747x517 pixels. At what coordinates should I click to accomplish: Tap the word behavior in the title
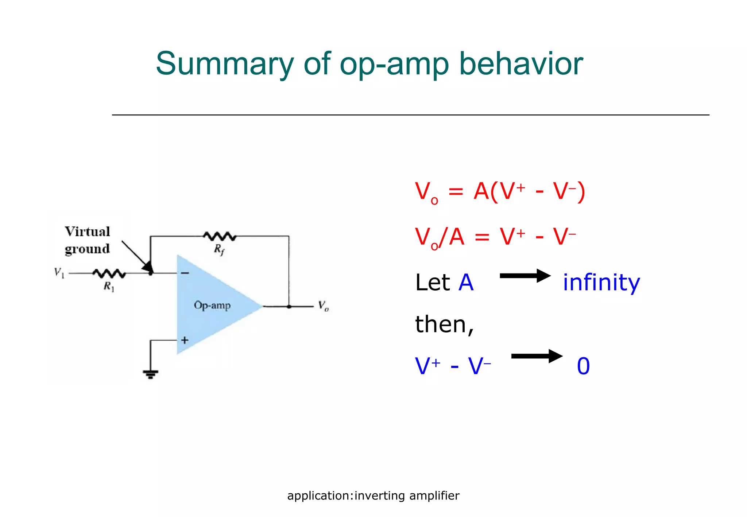pos(520,64)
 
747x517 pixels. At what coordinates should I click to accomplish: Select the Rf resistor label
pos(219,250)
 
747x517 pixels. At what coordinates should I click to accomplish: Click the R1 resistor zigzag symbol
pos(109,273)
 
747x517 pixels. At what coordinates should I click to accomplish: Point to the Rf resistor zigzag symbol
pos(220,236)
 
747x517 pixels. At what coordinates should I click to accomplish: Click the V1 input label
pos(59,272)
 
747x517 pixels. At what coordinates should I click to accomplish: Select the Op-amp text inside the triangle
pos(212,305)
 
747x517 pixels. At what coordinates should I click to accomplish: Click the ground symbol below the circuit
pos(150,374)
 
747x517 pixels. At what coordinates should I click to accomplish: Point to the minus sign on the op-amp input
pos(185,273)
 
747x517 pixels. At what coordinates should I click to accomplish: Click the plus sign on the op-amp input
pos(185,340)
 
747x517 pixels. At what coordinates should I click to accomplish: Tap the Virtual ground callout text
pos(88,240)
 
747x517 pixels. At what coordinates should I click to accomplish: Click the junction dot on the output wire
pos(289,307)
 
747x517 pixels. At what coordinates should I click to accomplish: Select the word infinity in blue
pos(601,283)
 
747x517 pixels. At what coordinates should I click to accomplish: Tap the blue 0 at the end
pos(583,366)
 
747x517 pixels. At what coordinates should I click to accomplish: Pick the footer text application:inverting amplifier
pos(373,495)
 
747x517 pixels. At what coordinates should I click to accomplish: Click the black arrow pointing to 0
pos(537,356)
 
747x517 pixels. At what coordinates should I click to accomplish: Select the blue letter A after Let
pos(466,283)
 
